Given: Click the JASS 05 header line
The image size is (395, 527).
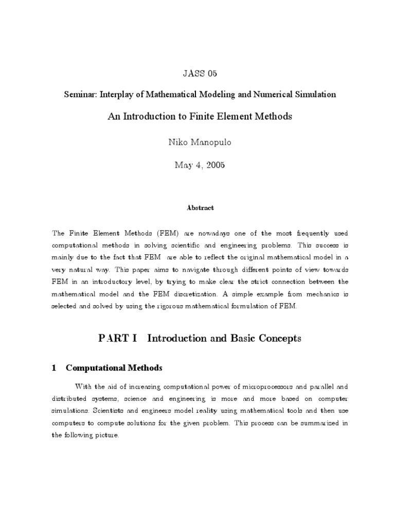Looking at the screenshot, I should click(x=200, y=74).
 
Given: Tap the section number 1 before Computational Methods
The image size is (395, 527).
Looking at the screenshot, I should click(x=53, y=368).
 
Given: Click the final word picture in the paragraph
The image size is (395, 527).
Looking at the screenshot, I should click(x=106, y=435).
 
